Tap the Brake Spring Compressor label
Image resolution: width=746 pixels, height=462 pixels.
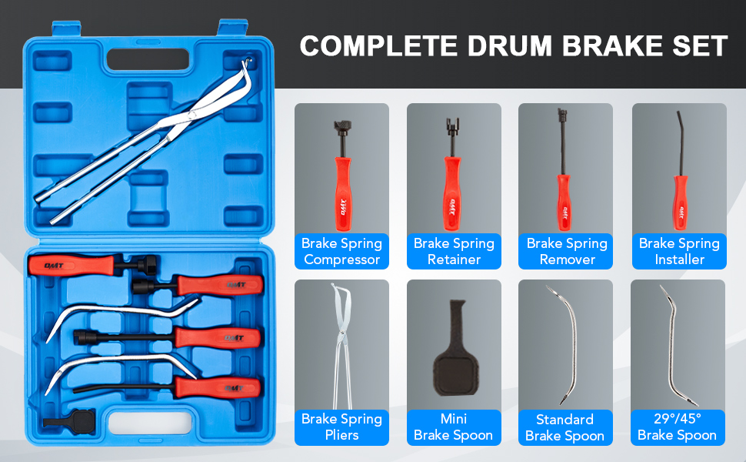(x=341, y=252)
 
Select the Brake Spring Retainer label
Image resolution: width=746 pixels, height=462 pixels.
(x=454, y=252)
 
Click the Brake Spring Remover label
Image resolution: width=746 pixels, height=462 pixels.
(x=566, y=252)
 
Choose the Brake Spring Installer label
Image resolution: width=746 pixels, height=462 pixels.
(x=679, y=252)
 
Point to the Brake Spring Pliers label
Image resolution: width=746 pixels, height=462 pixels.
(x=341, y=427)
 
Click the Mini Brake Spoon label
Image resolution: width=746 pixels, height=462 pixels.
(x=454, y=427)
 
